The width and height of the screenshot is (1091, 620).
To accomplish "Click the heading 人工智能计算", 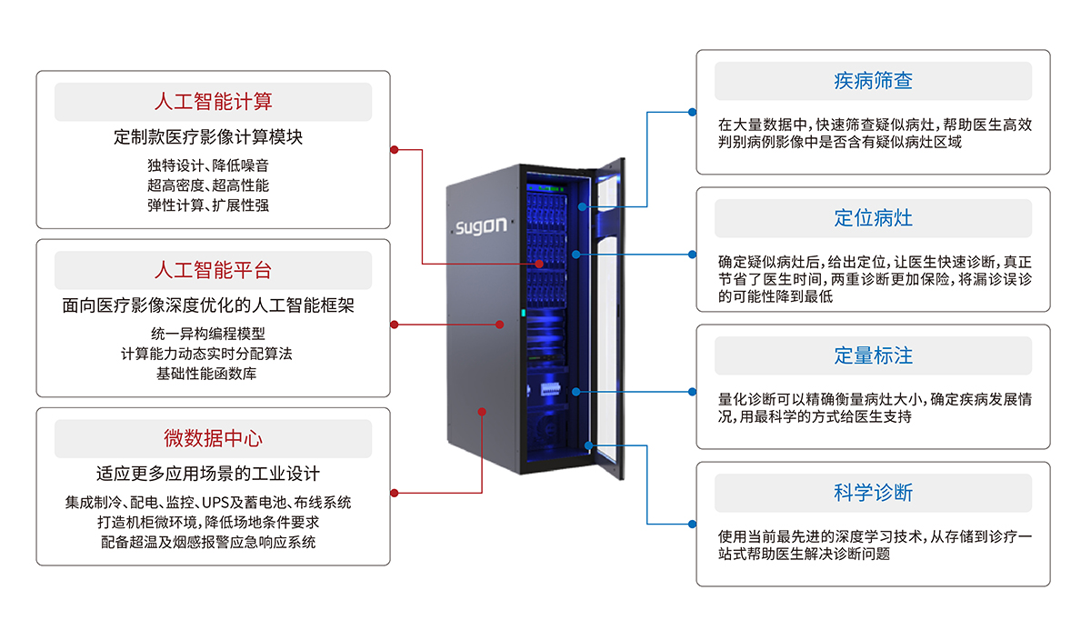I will tap(213, 101).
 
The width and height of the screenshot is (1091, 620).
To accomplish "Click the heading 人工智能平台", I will tap(213, 270).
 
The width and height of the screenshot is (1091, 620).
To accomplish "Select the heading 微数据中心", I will tap(213, 438).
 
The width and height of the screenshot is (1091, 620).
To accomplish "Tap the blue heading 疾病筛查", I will tap(873, 81).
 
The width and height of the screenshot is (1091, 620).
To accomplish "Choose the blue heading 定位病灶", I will tap(873, 218).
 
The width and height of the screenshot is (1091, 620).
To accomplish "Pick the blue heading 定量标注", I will tap(873, 355).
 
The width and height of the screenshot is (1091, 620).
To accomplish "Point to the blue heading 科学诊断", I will tap(873, 493).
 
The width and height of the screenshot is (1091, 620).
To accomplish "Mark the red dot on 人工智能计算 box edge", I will tap(393, 149).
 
